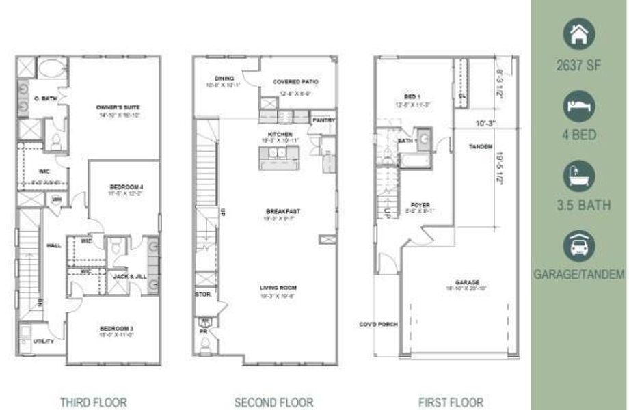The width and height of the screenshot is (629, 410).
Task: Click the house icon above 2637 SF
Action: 579,34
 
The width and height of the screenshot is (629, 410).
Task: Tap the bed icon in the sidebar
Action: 579,105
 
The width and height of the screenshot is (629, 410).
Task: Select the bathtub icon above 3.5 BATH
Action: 579,176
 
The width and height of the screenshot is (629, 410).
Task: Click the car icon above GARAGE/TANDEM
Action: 579,245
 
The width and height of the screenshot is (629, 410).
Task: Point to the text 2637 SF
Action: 579,66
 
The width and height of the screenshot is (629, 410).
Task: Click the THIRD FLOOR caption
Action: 93,402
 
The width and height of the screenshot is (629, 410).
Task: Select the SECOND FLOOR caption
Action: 273,402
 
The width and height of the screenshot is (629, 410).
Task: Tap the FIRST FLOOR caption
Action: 451,402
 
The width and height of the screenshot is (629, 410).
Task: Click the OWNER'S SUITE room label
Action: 113,107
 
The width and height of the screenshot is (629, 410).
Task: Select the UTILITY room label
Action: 44,341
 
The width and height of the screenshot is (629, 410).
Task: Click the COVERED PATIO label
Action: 295,81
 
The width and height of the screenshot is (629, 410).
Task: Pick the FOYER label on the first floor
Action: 420,204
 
